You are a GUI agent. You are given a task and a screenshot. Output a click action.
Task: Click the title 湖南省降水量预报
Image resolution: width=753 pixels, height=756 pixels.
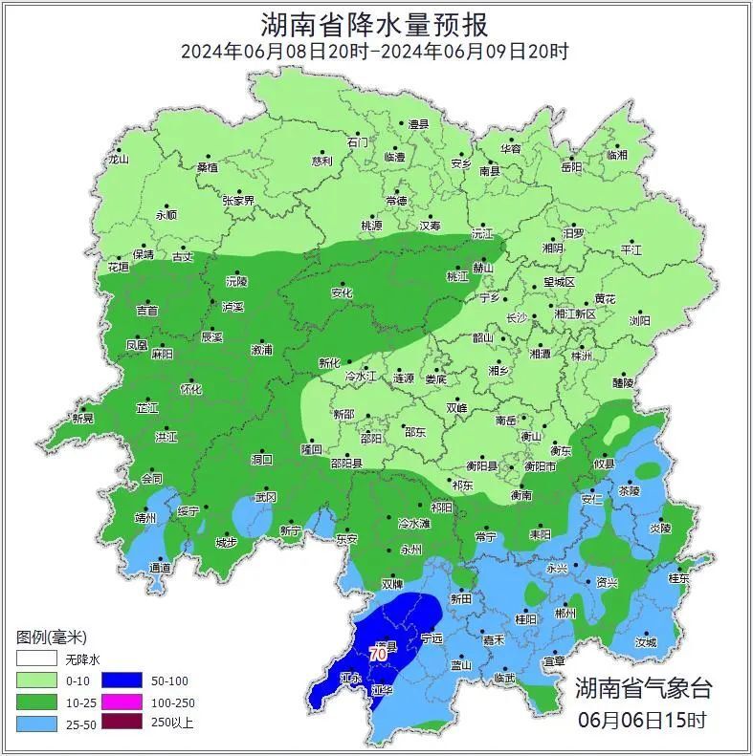[x=375, y=22]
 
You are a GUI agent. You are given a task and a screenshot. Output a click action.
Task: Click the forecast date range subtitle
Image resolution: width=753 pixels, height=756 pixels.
[x=375, y=52]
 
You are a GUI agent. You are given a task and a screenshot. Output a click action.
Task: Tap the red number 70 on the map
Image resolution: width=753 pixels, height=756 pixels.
[x=378, y=655]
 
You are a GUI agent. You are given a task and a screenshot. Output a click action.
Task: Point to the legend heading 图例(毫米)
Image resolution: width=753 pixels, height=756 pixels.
[x=52, y=637]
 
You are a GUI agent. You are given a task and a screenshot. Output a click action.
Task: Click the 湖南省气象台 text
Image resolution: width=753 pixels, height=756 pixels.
[x=643, y=687]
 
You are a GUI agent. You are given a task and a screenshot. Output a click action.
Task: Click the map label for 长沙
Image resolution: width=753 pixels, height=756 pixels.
[x=516, y=317]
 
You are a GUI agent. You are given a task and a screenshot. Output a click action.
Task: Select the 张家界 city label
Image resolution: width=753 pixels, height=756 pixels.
[x=238, y=201]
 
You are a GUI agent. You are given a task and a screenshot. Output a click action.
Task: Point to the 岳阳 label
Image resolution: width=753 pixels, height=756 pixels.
[x=571, y=167]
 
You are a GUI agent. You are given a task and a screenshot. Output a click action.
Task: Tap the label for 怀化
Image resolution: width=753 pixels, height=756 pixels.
[x=191, y=390]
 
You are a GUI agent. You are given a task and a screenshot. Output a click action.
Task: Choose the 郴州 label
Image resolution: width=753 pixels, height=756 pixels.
[x=565, y=614]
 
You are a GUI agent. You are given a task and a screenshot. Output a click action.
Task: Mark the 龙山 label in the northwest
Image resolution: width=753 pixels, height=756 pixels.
[x=119, y=160]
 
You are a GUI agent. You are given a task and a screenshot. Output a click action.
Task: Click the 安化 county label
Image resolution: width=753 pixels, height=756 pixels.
[x=342, y=292]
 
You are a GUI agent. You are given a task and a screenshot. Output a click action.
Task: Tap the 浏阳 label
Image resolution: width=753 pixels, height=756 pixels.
[x=639, y=321]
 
